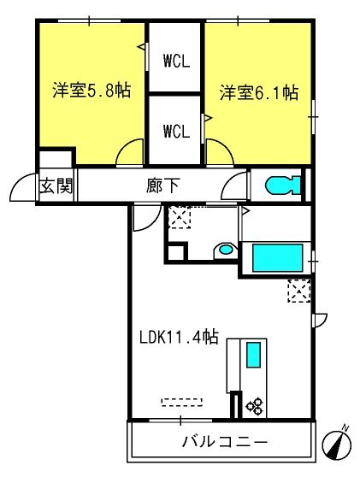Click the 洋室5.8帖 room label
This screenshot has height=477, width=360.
click(91, 90)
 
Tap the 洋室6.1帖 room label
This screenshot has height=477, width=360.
click(258, 92)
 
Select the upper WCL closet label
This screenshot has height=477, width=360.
click(176, 61)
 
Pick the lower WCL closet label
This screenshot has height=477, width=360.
click(176, 131)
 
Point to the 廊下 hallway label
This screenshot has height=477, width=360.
click(162, 185)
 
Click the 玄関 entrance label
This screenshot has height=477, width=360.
click(56, 185)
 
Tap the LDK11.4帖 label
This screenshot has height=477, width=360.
click(179, 337)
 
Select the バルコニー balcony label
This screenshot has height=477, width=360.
click(225, 441)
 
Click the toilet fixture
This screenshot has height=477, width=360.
click(283, 185)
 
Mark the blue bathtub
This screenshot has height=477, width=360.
click(278, 257)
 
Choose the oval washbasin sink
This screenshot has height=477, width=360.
click(226, 250)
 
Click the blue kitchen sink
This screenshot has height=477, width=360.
click(253, 355)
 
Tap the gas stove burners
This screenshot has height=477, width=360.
click(255, 406)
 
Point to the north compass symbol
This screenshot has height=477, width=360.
click(337, 445)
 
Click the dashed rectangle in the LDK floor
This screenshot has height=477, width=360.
click(181, 402)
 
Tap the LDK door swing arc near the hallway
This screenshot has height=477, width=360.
click(154, 223)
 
